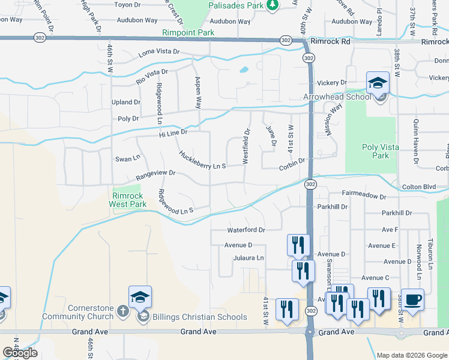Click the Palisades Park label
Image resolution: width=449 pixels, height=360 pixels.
[x=236, y=5]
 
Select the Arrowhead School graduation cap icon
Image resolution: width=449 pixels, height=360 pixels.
[x=378, y=83]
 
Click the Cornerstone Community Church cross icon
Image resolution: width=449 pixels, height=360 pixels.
[x=122, y=311]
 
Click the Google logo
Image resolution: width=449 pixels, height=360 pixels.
[x=20, y=353]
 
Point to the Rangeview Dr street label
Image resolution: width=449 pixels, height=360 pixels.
[x=155, y=175]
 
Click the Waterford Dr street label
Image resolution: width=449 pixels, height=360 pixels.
[x=246, y=230]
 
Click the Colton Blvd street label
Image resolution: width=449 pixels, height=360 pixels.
[x=419, y=187]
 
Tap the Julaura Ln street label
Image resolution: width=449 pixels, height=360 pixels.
[x=249, y=258]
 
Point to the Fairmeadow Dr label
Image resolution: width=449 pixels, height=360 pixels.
[x=363, y=196]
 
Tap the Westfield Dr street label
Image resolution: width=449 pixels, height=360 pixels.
[x=246, y=146]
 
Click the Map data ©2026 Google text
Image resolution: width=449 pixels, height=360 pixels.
[x=411, y=355]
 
